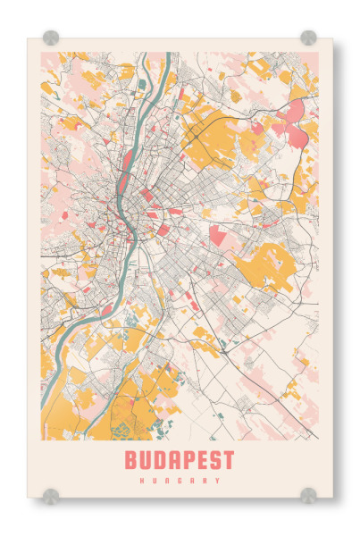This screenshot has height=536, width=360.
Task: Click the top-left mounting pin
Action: pyautogui.click(x=51, y=38)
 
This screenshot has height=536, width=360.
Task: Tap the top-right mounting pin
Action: pyautogui.click(x=308, y=38)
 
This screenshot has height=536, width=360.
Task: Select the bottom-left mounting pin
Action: pyautogui.click(x=51, y=495)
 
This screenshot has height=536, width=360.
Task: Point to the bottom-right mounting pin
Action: pyautogui.click(x=308, y=495)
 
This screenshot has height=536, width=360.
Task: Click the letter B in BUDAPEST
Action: pyautogui.click(x=131, y=461)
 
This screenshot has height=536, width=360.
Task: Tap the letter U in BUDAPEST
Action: pyautogui.click(x=147, y=461)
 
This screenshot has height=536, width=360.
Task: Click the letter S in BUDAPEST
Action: pyautogui.click(x=217, y=461)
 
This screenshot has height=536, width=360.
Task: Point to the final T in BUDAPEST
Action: pyautogui.click(x=230, y=461)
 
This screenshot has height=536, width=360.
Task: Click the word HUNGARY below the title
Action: pyautogui.click(x=180, y=481)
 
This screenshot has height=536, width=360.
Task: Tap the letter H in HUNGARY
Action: pyautogui.click(x=143, y=481)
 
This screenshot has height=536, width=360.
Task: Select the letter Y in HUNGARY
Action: pyautogui.click(x=217, y=481)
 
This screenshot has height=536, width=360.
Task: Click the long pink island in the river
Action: pyautogui.click(x=128, y=162)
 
